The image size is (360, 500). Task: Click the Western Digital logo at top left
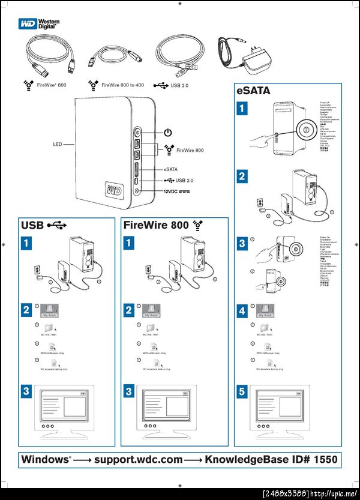38,24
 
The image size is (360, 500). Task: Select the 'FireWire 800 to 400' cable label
122,86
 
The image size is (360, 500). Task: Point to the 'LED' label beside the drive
58,145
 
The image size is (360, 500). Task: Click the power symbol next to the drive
168,132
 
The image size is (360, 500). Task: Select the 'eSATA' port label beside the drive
170,169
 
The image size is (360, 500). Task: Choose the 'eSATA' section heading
253,92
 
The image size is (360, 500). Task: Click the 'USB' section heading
33,226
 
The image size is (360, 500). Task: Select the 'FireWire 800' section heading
156,226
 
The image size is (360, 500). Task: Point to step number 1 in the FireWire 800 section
129,242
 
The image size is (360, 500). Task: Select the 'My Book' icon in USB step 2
52,310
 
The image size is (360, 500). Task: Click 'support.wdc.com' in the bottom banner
137,460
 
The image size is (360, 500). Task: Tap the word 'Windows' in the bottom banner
46,460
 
